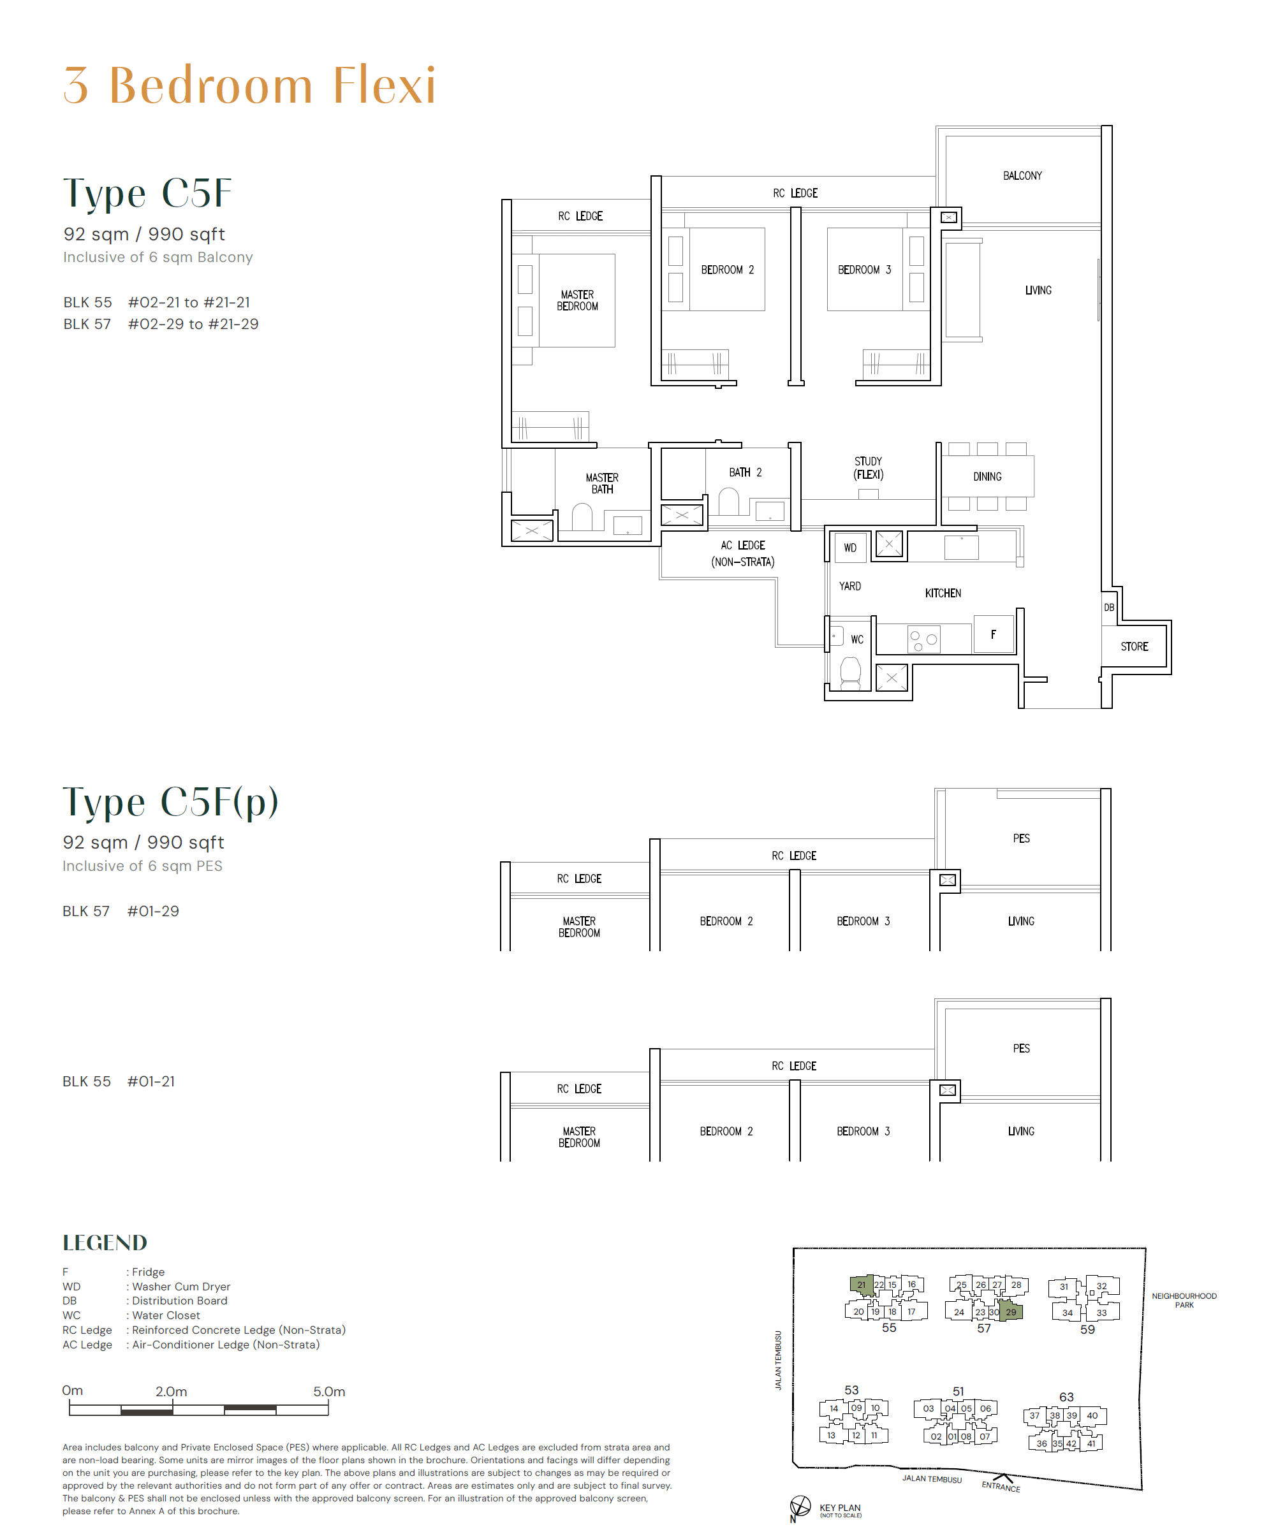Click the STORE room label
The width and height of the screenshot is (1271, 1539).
(1133, 646)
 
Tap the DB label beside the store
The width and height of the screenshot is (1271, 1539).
(1108, 608)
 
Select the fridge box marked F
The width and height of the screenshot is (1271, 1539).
(993, 634)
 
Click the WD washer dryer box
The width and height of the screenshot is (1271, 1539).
(849, 548)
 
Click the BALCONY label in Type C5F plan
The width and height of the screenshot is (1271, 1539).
(1022, 175)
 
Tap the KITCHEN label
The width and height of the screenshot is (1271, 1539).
(943, 593)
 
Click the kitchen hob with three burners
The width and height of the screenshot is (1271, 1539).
(923, 639)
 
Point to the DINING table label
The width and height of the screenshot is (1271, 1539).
(987, 476)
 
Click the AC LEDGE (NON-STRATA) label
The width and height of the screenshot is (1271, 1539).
(742, 553)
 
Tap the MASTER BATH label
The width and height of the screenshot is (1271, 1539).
(602, 483)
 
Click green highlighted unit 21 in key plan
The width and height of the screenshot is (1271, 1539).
(861, 1285)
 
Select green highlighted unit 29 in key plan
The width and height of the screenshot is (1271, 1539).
(1010, 1311)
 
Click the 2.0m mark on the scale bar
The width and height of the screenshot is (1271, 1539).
(172, 1391)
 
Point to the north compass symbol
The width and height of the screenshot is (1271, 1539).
(800, 1506)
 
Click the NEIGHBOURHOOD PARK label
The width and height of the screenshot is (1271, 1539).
(1184, 1300)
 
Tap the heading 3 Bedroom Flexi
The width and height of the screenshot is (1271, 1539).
(249, 85)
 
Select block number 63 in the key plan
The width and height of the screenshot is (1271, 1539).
(1066, 1396)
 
